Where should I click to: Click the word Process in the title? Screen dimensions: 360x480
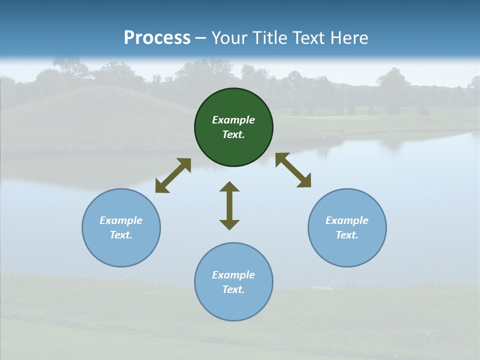[157, 38]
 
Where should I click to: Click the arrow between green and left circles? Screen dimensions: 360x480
[173, 175]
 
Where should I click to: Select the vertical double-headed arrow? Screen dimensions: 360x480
[229, 205]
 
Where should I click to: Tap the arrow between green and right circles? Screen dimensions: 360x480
[293, 170]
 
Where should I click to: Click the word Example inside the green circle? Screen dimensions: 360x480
[233, 120]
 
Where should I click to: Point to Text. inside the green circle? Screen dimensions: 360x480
[233, 134]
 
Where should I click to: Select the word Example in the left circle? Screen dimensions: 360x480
[121, 220]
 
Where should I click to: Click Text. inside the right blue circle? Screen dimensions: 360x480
[347, 235]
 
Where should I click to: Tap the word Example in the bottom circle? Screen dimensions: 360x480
[233, 275]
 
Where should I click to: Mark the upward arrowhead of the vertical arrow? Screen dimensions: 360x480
[229, 187]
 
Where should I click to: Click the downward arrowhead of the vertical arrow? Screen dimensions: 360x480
[229, 224]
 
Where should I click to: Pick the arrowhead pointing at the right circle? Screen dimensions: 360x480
[304, 181]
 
